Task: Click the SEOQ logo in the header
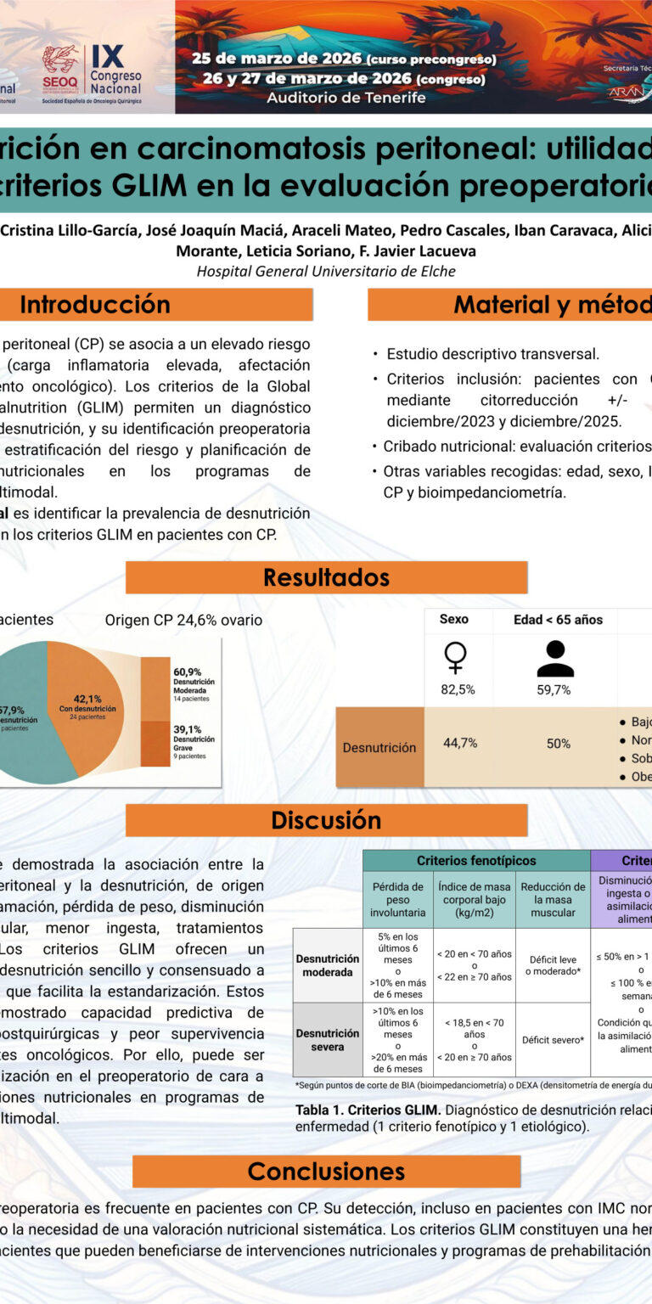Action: pos(61,66)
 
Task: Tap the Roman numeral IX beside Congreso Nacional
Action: pos(107,56)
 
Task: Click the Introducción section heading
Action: pos(95,304)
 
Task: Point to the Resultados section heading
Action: pos(326,577)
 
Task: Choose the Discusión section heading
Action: pos(326,820)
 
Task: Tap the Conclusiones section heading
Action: pos(326,1172)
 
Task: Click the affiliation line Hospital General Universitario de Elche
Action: pos(326,271)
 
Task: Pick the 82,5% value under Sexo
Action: pos(458,689)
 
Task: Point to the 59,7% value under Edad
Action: pos(554,689)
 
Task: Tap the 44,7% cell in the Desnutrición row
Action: pos(460,743)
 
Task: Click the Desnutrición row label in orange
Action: pos(379,748)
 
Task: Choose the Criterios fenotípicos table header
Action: pos(475,861)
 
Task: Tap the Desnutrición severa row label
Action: pos(328,1040)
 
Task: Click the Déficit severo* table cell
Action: pos(553,1040)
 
